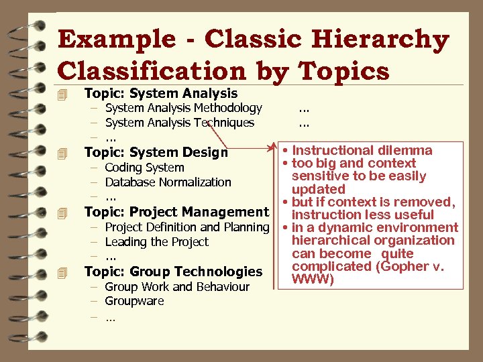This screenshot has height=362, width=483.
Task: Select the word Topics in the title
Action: point(343,70)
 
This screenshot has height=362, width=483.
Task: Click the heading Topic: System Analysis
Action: point(160,93)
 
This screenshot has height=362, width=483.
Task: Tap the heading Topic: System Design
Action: point(156,152)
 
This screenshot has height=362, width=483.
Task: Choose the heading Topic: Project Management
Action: point(176,212)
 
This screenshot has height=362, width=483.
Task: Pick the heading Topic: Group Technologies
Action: point(172,271)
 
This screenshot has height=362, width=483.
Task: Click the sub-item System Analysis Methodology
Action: point(183,108)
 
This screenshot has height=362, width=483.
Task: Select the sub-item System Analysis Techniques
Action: point(179,123)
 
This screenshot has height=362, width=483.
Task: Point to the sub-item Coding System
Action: point(144,168)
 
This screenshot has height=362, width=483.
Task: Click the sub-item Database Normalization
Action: point(168,182)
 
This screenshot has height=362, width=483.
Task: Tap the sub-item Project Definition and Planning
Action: point(186,227)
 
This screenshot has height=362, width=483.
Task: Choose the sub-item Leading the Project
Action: point(156,242)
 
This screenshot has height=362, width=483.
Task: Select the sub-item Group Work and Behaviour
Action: point(176,287)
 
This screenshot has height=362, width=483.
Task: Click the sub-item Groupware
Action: point(134,301)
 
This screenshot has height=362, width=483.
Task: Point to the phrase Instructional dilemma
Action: point(362,151)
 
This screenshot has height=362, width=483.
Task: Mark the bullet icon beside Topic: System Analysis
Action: point(63,94)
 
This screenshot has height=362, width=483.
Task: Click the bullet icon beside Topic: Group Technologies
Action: point(63,272)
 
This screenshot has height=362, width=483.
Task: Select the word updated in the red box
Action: point(319,189)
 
